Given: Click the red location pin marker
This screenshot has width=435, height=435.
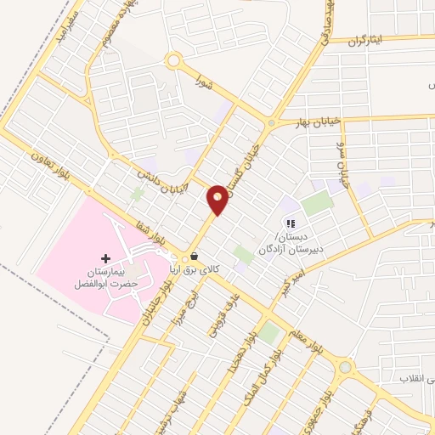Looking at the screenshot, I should [x=218, y=199].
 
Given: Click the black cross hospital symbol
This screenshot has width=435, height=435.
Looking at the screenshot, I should [x=105, y=258].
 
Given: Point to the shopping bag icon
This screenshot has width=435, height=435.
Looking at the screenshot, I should [x=195, y=256].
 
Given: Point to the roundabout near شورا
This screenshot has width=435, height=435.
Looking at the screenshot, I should [x=175, y=61].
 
